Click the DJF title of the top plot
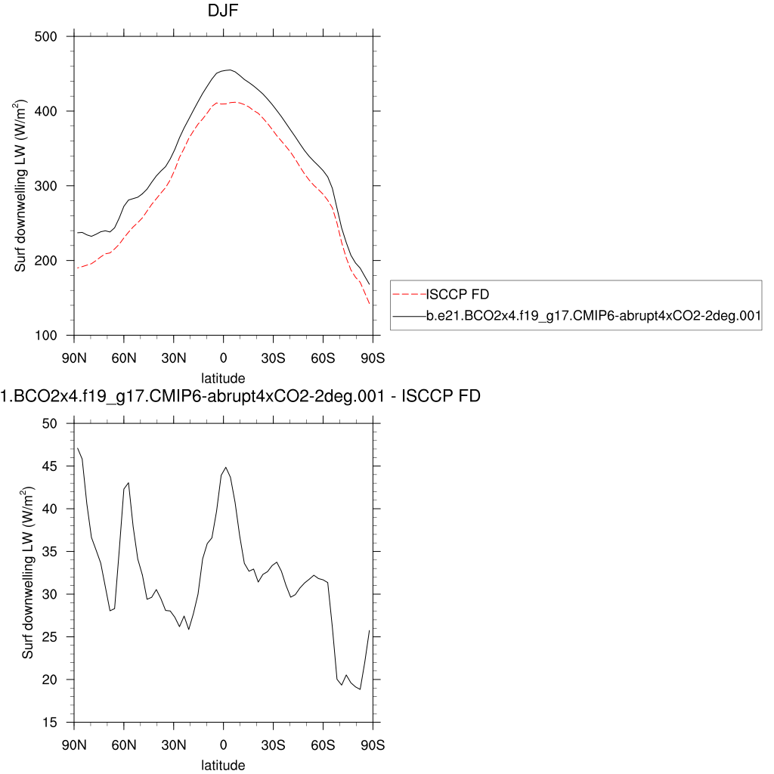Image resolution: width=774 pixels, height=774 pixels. click(223, 11)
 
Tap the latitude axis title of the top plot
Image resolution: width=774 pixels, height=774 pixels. click(223, 377)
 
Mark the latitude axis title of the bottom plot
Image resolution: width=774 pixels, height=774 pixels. click(223, 765)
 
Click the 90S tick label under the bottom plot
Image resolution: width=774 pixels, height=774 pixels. click(373, 745)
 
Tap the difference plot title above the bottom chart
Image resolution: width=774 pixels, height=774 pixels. click(240, 395)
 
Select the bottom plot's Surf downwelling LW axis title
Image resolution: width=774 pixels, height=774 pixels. click(28, 573)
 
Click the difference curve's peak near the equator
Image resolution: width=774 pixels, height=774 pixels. click(226, 467)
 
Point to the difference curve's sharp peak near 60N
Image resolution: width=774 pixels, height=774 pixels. click(128, 482)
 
